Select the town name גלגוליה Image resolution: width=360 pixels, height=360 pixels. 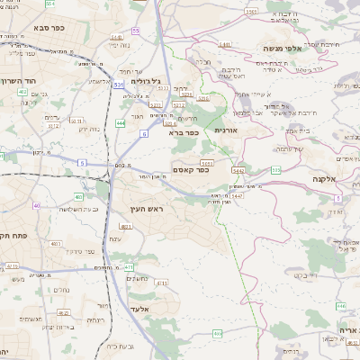145,81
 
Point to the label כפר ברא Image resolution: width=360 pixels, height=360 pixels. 184,132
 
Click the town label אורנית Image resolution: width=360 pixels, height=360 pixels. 225,130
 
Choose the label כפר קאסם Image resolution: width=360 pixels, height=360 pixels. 190,169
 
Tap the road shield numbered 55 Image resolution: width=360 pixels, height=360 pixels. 136,31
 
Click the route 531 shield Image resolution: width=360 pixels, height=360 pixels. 119,85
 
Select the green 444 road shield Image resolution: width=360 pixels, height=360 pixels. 121,122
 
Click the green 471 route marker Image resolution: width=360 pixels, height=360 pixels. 129,266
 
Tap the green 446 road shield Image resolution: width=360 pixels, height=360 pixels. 341,305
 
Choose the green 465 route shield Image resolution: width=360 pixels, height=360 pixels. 218,334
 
